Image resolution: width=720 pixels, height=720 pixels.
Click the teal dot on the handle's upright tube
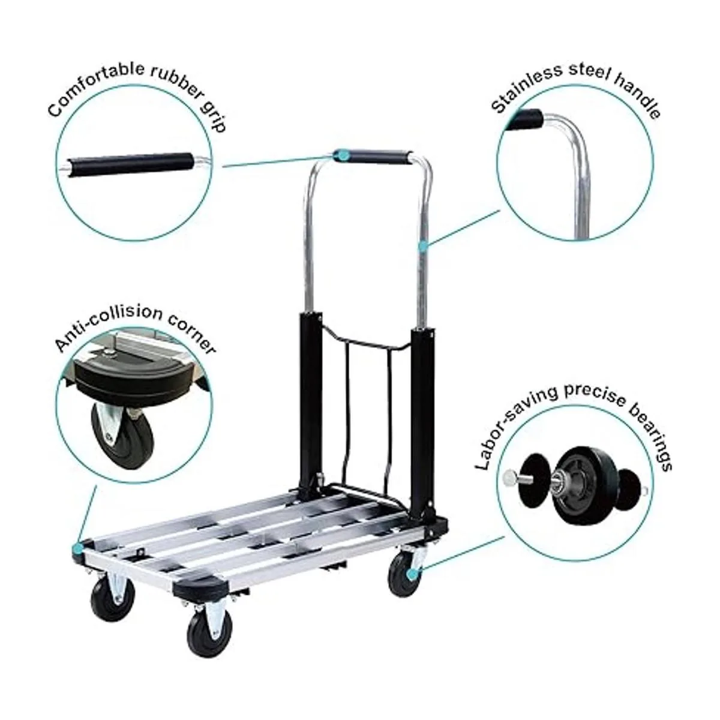coord(424,245)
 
